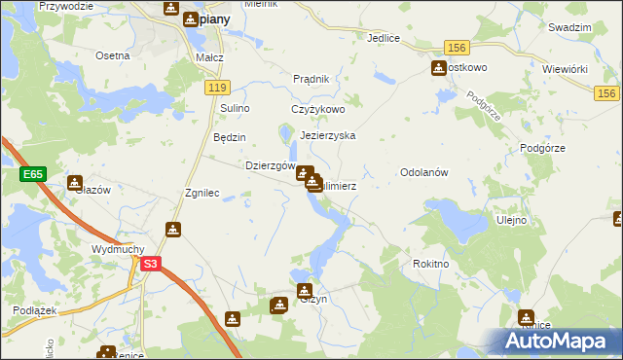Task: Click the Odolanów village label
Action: pos(422,172)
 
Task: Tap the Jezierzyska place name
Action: pos(328,136)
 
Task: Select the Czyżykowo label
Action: pos(318,110)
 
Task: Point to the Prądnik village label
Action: pos(312,79)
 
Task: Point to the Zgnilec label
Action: pos(203,193)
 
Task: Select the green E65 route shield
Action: pos(32,174)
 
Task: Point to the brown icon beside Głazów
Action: pos(75,182)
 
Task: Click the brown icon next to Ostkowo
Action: pos(438,67)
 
